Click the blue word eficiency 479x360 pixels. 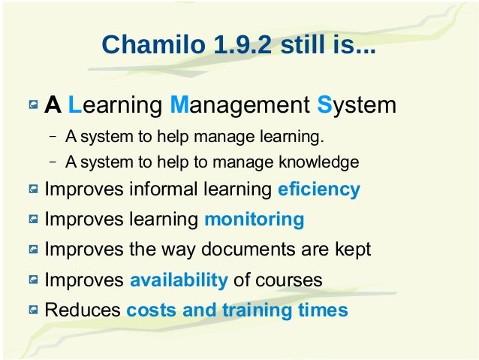319,189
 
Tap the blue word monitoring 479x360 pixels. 254,219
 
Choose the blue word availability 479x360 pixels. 179,280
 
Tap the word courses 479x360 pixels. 289,280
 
